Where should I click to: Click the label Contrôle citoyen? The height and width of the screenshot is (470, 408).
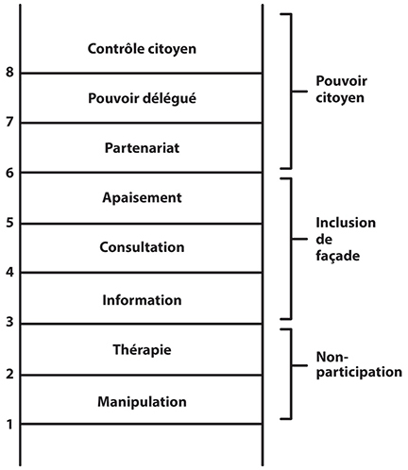coord(142,49)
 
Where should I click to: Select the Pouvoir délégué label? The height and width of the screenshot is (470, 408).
coord(142,98)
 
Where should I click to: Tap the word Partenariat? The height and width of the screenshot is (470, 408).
coord(142,148)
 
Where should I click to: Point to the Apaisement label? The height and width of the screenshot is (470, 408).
coord(142,198)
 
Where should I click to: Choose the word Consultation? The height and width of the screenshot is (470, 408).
coord(142,247)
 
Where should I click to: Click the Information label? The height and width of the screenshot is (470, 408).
coord(142,300)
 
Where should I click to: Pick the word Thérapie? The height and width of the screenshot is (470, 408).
coord(142,350)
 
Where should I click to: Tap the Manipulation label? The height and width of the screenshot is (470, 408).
coord(142,402)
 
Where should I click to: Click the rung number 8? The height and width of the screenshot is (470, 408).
coord(9,72)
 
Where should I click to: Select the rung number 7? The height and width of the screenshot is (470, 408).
coord(9,122)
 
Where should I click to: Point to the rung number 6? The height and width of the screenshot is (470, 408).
coord(9,173)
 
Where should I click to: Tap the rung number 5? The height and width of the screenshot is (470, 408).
coord(9,223)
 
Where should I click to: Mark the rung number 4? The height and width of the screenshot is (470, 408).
coord(9,272)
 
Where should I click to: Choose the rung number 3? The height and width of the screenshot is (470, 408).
coord(9,322)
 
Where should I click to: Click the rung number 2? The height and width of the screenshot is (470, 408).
coord(9,374)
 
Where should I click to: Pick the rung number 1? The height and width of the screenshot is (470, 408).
coord(9,425)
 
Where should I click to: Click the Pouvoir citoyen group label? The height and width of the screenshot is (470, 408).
coord(341,90)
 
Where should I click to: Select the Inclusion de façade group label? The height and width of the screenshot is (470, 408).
coord(346,240)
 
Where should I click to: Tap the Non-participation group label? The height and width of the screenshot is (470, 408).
coord(359,365)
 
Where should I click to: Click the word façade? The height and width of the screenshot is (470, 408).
coord(338,256)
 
